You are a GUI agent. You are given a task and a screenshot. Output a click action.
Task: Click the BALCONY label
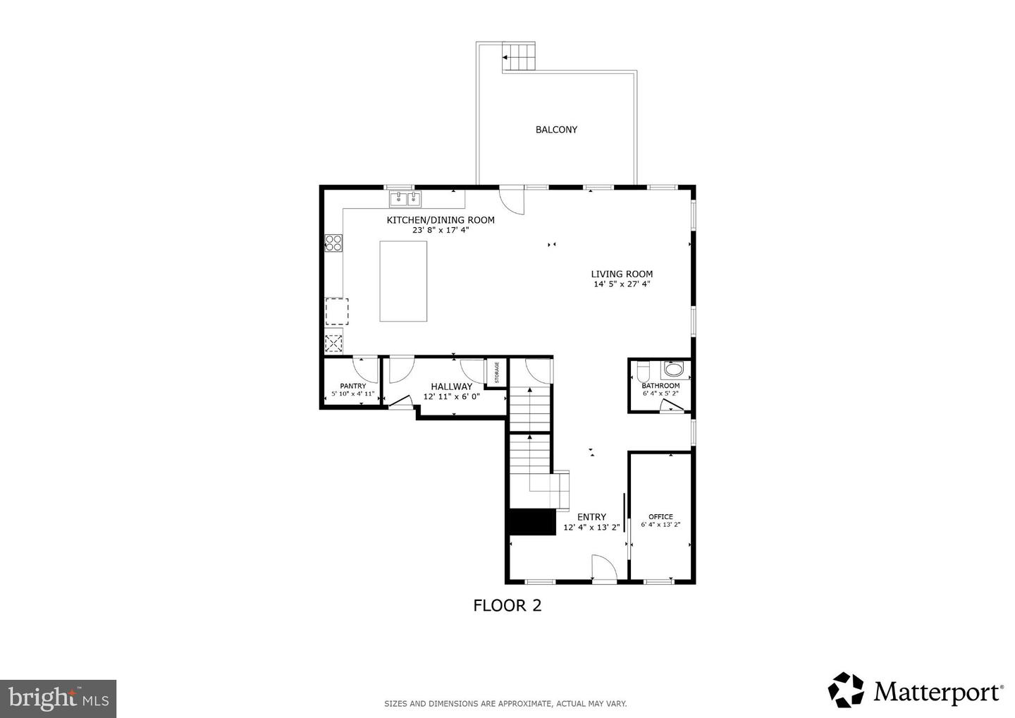tap(556, 130)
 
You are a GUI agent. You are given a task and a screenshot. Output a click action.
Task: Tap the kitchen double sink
tap(405, 199)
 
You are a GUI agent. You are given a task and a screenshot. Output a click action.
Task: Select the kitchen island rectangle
tap(403, 281)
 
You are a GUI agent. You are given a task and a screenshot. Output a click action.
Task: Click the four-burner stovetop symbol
tap(333, 243)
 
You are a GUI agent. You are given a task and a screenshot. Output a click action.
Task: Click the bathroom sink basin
tap(674, 370)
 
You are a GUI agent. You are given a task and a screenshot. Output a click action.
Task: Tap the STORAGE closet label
tap(496, 372)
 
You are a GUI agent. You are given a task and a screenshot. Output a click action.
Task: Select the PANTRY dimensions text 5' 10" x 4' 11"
tap(352, 394)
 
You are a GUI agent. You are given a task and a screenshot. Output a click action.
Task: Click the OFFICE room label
tap(660, 516)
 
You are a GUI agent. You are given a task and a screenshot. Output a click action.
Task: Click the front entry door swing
tap(603, 568)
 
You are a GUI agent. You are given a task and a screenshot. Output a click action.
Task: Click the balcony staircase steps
tap(519, 56)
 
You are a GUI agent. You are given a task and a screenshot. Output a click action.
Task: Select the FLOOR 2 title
tap(507, 605)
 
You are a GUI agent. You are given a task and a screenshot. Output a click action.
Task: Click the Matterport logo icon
tap(846, 689)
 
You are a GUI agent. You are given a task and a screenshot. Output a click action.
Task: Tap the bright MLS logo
tap(58, 699)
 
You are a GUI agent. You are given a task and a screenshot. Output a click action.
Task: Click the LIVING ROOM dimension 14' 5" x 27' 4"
tap(621, 284)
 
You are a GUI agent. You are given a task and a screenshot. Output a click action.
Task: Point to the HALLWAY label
tap(451, 387)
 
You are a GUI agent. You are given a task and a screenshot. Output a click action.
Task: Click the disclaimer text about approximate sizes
tap(505, 703)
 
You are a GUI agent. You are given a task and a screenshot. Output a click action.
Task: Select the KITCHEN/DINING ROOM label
tap(441, 220)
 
